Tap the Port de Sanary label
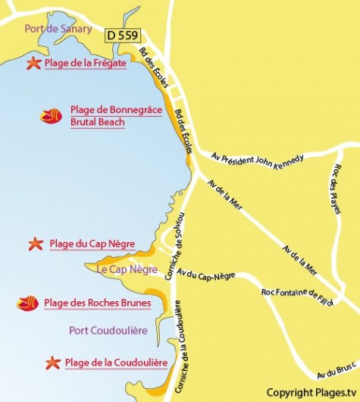tap(58, 30)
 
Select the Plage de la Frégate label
tap(85, 64)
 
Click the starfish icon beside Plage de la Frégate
tap(33, 64)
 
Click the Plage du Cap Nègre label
tap(92, 244)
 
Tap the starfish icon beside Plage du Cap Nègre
tap(36, 244)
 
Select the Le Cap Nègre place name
tap(127, 269)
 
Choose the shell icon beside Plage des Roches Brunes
tap(28, 303)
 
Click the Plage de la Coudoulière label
tap(116, 363)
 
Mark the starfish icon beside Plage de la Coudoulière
tap(52, 363)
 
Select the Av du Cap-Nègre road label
tap(205, 278)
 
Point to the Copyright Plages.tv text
tap(311, 392)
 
